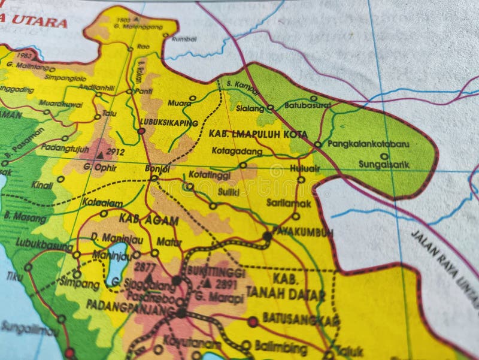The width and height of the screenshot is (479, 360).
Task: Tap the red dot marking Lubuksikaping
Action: [142, 131]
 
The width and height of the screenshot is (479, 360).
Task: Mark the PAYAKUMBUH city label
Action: [302, 232]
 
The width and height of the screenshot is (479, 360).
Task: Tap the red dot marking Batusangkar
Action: [253, 322]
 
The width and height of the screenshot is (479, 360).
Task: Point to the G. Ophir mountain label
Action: [100, 168]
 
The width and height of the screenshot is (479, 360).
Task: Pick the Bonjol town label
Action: [157, 168]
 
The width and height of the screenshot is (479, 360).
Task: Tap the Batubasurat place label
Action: [308, 105]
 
